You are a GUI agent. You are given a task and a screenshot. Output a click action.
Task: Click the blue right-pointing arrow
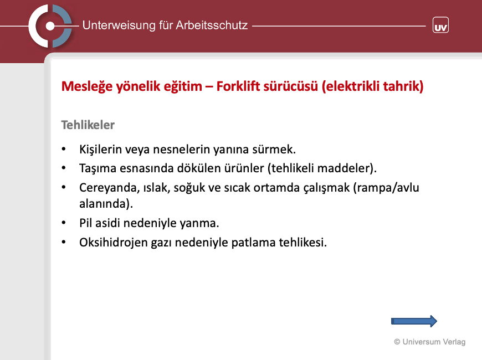[x=414, y=321]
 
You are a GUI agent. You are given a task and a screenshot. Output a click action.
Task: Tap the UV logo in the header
[x=440, y=25]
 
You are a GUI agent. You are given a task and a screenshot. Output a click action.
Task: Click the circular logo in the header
[x=50, y=26]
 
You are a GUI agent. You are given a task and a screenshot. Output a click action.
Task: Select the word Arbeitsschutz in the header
[x=212, y=25]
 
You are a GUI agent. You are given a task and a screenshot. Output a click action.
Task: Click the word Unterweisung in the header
[x=119, y=25]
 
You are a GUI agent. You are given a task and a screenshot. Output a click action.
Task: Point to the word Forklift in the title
[x=237, y=86]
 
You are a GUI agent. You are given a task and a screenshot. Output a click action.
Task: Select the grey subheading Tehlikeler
[x=88, y=125]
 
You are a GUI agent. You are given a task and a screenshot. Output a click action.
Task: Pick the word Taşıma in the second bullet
[x=98, y=168]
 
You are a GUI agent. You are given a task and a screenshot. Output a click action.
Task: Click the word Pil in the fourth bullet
[x=86, y=223]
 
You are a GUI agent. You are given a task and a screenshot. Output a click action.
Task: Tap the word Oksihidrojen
[x=114, y=243]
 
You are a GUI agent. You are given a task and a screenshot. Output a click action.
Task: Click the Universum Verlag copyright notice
[x=430, y=342]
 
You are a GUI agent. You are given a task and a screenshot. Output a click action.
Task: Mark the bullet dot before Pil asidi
[x=64, y=223]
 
